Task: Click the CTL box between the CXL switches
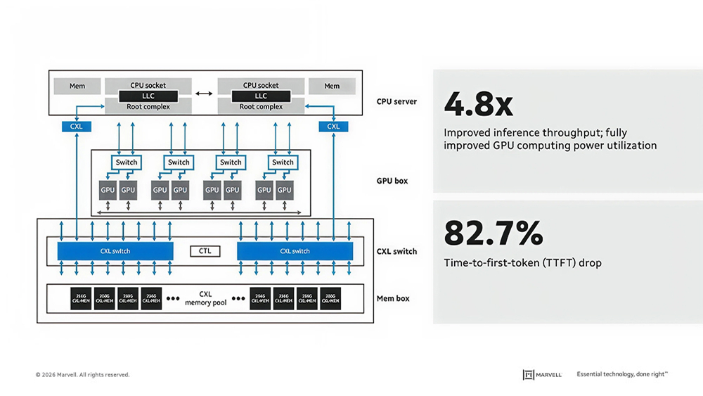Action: (205, 251)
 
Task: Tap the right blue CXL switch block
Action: (295, 251)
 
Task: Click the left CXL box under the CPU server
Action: (77, 127)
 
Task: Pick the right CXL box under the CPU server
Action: (333, 127)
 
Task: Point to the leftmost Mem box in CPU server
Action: (77, 86)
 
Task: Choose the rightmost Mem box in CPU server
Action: (332, 86)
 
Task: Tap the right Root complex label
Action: (261, 107)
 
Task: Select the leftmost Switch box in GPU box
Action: (127, 162)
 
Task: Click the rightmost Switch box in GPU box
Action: (283, 162)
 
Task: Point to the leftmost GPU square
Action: (108, 190)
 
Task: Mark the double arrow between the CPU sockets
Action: (203, 94)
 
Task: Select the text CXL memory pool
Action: (205, 298)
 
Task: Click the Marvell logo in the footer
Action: (542, 375)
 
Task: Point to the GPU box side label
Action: (392, 181)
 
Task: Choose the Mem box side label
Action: (393, 298)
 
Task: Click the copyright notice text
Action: (82, 375)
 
